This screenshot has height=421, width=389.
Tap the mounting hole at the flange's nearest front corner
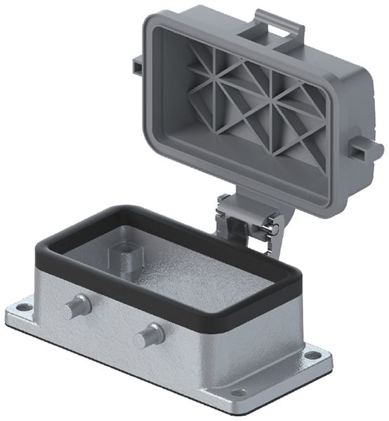pyautogui.click(x=239, y=393)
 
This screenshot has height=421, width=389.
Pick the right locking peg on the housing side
pyautogui.click(x=149, y=334)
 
